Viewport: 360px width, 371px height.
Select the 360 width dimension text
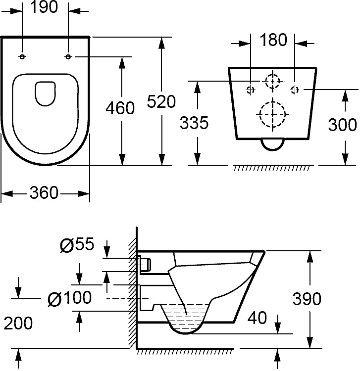coord(44,193)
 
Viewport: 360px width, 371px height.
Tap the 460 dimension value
coord(120,108)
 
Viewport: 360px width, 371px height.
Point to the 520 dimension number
coord(162,101)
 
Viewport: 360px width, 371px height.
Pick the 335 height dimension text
coord(194,123)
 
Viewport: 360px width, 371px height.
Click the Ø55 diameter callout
coord(77,244)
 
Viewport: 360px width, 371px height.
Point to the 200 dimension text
coord(18,323)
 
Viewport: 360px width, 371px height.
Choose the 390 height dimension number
coord(307,299)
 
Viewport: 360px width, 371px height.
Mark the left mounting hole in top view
coord(22,57)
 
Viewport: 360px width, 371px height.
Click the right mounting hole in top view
coord(68,57)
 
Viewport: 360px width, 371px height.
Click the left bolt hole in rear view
coord(251,90)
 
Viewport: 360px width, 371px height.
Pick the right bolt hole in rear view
coord(295,90)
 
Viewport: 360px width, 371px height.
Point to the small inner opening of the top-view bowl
coord(45,93)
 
